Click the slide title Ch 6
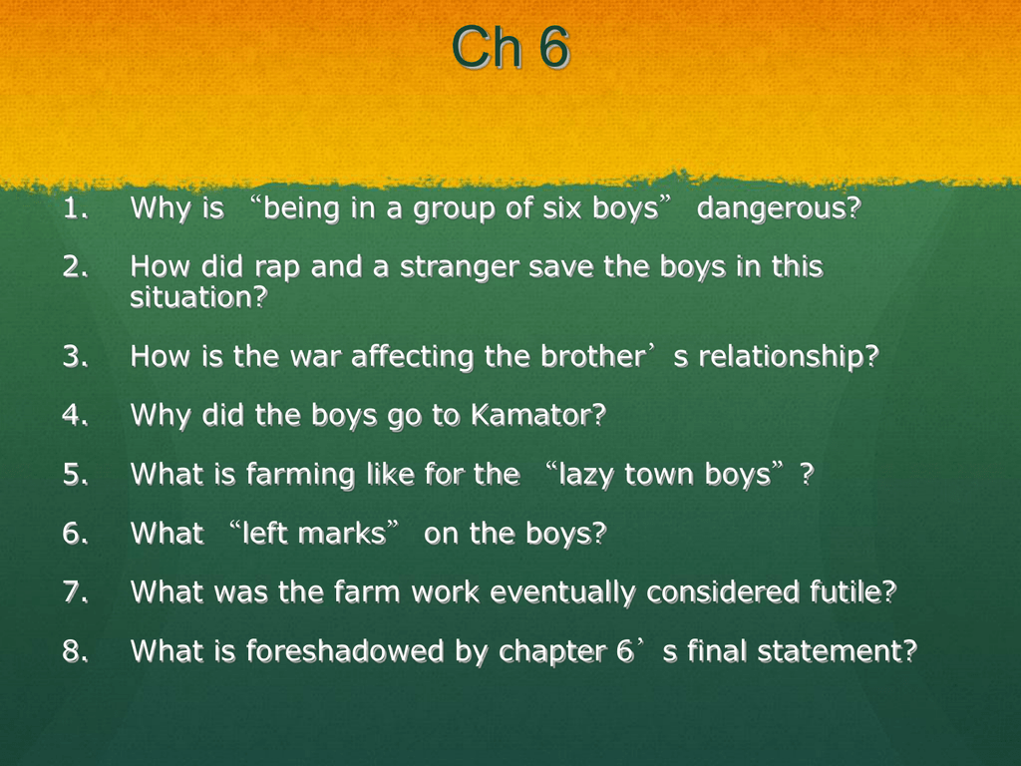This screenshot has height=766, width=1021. pyautogui.click(x=510, y=47)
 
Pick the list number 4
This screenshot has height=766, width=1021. pyautogui.click(x=73, y=416)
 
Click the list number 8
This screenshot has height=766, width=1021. pyautogui.click(x=73, y=651)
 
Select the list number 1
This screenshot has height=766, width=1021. pyautogui.click(x=73, y=209)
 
